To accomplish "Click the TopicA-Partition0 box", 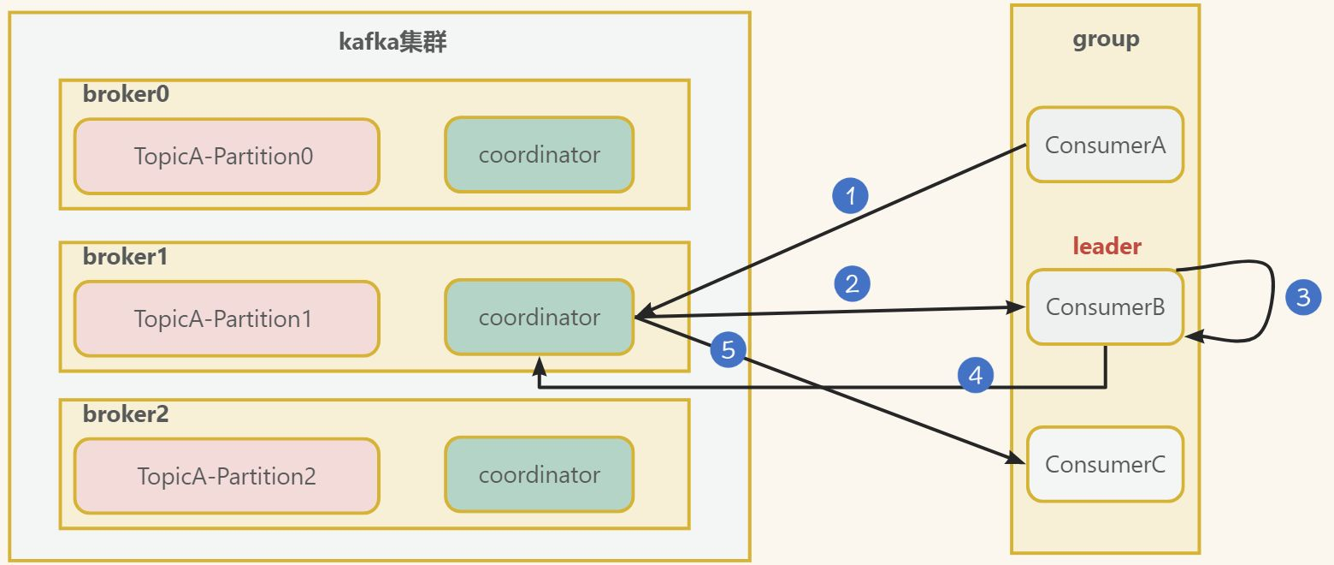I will click(226, 156).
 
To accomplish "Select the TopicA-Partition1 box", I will click(226, 318).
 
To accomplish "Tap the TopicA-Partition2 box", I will click(226, 476).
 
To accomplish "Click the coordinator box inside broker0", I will click(539, 155).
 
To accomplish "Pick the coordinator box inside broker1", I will click(539, 318).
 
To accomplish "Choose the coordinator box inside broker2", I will click(539, 475).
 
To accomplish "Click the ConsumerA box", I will click(1105, 145).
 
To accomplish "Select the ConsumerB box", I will click(1105, 307).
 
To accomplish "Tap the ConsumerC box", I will click(1105, 465).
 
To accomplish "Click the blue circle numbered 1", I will click(850, 197).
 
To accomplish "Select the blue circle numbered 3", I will click(1303, 298).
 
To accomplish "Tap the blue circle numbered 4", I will click(976, 375).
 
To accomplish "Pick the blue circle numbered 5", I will click(728, 349).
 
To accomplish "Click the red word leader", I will click(1107, 247).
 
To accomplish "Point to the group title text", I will click(1106, 39).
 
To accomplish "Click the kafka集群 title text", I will click(393, 42).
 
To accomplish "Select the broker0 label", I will click(126, 94).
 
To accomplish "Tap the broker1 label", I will click(126, 256).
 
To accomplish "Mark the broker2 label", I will click(126, 414).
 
